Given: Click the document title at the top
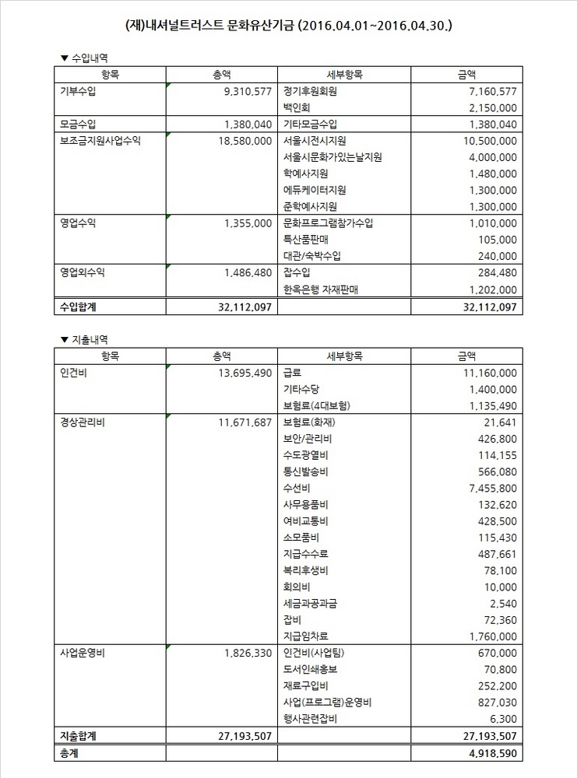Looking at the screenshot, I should [288, 26].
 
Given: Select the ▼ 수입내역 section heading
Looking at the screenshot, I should [90, 58].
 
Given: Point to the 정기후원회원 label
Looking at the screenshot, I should [311, 91].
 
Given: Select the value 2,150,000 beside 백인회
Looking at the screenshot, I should [489, 107].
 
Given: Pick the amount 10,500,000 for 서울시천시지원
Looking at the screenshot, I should [484, 141].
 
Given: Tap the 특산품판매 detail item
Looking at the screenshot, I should [306, 240].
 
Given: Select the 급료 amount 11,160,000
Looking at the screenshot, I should [484, 373].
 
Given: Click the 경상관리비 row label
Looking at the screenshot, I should [85, 422].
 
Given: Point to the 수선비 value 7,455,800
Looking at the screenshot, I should [489, 488].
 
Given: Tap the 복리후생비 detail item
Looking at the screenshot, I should [306, 570].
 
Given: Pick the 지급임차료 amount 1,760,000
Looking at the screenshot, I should [489, 636].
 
